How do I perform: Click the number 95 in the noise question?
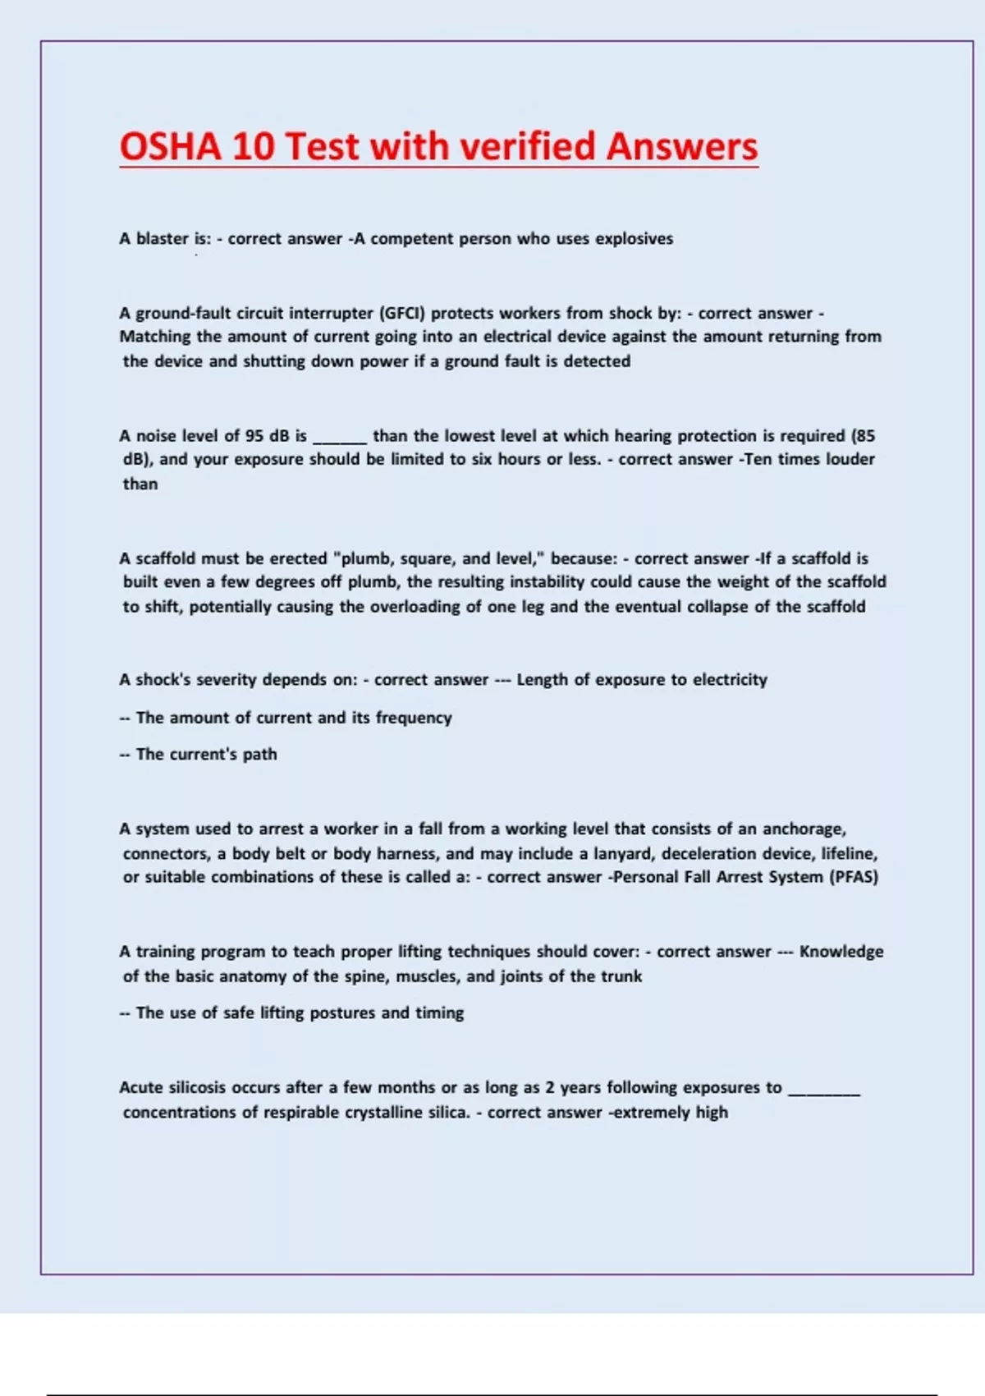tap(254, 436)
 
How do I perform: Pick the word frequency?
tap(414, 718)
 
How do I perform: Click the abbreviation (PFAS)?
tap(854, 877)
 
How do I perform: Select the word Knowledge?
tap(841, 952)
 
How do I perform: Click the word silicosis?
tap(197, 1087)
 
